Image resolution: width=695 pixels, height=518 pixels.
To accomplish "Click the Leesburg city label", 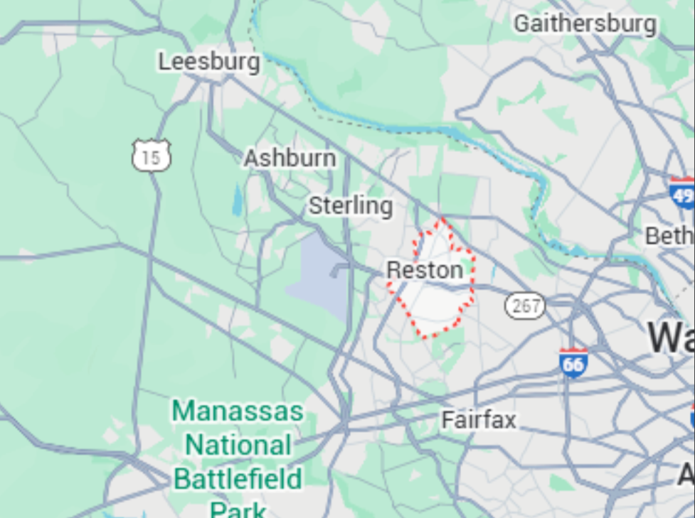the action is (208, 62).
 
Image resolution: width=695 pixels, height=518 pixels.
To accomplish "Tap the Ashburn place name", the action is (290, 158).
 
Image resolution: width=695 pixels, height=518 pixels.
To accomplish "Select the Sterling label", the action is (350, 206).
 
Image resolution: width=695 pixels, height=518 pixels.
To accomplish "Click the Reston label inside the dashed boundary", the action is (425, 270).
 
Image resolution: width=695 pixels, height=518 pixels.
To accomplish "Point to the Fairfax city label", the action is (479, 419).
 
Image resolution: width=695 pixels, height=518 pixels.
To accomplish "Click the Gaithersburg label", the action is (585, 23).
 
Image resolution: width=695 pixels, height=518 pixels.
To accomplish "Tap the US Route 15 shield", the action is (151, 156).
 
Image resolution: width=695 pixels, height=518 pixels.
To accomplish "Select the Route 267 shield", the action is (525, 306).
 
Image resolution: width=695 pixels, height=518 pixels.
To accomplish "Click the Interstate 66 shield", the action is (573, 362).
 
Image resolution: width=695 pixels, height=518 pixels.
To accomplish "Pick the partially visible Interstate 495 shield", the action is (682, 193).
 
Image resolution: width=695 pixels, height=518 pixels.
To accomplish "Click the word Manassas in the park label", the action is (238, 411).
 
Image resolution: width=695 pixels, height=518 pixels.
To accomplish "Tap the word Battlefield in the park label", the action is (238, 478).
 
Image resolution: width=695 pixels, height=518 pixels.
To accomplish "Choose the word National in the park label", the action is (238, 446).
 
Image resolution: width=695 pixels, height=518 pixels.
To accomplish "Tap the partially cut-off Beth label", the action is (669, 236).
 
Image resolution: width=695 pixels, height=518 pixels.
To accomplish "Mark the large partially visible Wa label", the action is (671, 337).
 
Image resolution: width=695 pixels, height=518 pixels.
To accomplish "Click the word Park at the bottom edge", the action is (238, 509).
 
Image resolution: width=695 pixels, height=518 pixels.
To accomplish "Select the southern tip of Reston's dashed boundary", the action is (425, 336).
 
